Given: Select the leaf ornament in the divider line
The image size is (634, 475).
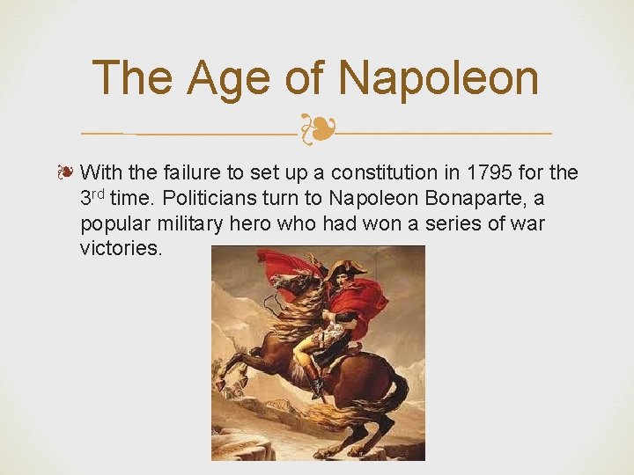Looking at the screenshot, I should tap(316, 130).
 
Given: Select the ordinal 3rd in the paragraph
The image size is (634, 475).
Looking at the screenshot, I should tap(92, 197).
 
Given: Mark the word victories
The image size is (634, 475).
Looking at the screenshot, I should tap(121, 248).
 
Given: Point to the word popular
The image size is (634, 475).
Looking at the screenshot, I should tap(111, 223).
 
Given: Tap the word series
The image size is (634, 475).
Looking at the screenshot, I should tap(451, 223).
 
